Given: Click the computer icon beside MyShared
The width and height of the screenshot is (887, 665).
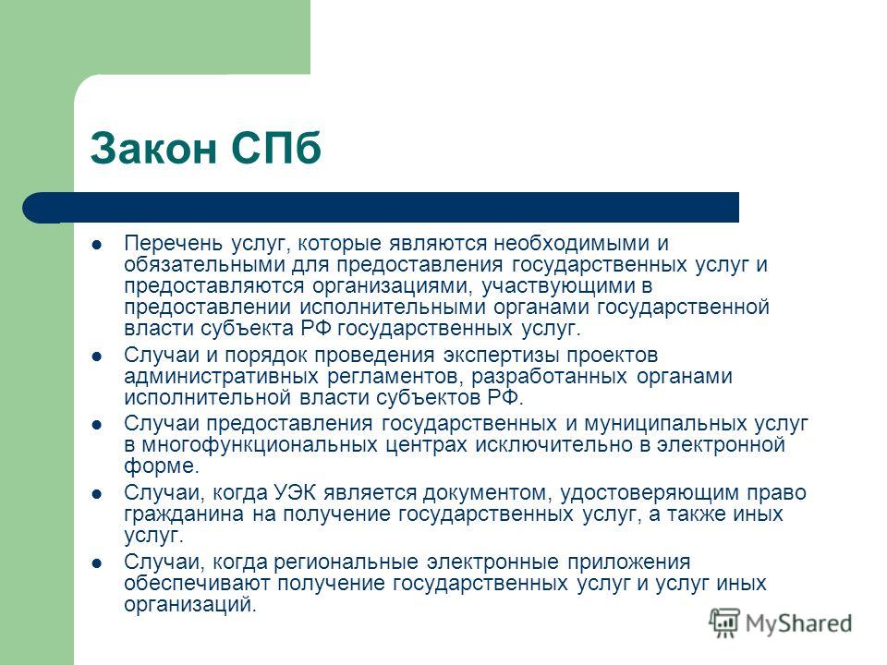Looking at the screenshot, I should [726, 622].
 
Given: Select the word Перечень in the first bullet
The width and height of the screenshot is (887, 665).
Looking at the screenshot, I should [163, 244].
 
